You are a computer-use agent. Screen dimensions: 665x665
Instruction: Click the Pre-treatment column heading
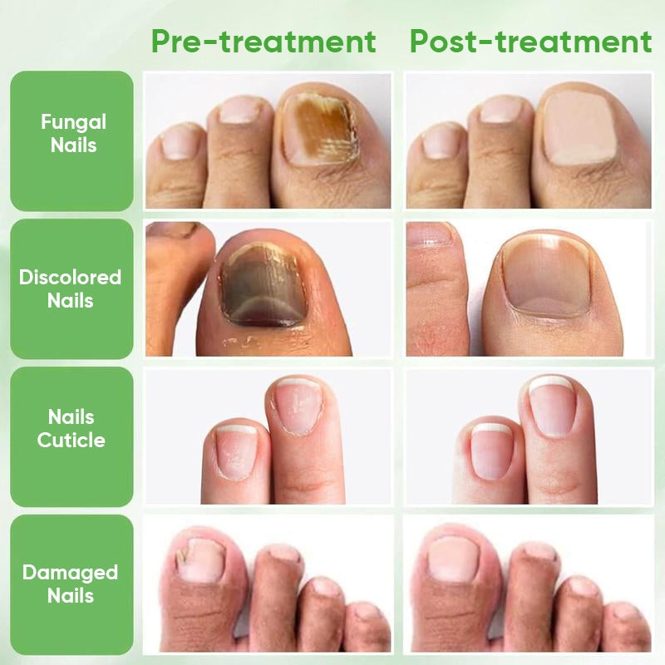point(264,41)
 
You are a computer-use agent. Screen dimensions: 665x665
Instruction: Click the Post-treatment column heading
point(530,41)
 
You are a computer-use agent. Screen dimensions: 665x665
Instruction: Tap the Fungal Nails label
point(73,133)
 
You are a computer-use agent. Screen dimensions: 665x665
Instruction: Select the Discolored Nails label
point(71,288)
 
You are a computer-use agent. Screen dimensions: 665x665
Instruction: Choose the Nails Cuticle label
point(71,428)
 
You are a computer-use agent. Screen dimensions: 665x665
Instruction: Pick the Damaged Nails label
point(71,584)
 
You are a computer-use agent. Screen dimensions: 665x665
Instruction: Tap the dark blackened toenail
point(259,287)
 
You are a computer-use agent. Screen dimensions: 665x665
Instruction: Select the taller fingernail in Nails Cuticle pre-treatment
point(296,406)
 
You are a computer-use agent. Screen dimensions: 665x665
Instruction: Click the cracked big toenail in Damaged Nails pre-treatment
point(198,559)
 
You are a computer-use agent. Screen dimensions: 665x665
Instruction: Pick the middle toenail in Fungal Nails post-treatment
point(501,109)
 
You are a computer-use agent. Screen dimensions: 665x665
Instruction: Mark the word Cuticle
point(71,440)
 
